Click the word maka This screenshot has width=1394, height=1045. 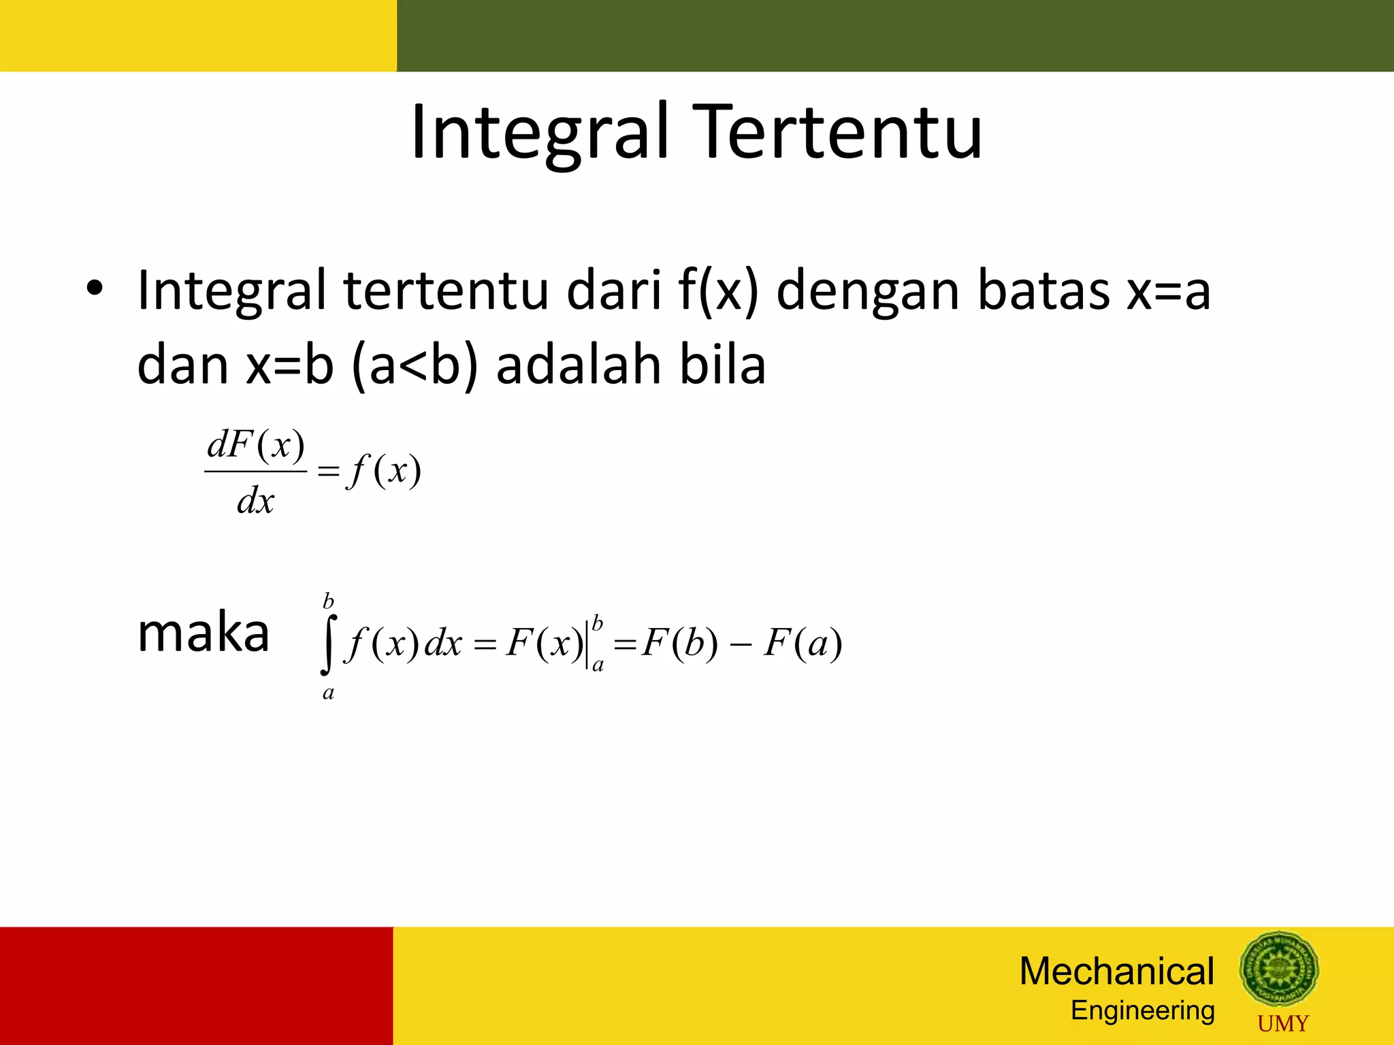pyautogui.click(x=203, y=633)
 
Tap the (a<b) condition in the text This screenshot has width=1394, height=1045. pyautogui.click(x=415, y=366)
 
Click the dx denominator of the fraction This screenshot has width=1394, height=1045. pyautogui.click(x=255, y=502)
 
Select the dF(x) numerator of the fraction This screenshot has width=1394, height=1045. pyautogui.click(x=255, y=446)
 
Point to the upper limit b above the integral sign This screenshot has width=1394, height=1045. pyautogui.click(x=328, y=601)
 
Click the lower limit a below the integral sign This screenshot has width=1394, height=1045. pyautogui.click(x=328, y=693)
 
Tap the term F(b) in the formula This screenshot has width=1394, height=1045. pyautogui.click(x=679, y=643)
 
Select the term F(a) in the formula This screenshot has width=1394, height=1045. pyautogui.click(x=803, y=643)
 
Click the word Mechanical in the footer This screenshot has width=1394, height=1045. pyautogui.click(x=1116, y=971)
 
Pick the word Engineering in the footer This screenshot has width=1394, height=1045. pyautogui.click(x=1143, y=1011)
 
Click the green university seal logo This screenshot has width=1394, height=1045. pyautogui.click(x=1279, y=969)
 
